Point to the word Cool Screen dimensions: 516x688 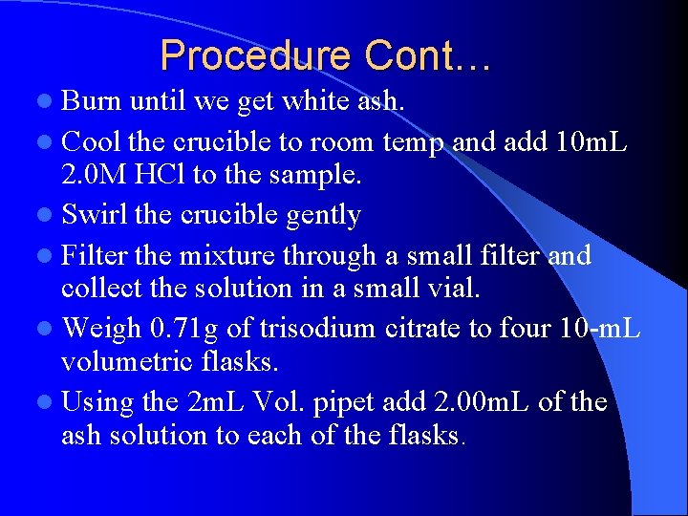point(92,142)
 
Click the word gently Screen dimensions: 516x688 point(317,215)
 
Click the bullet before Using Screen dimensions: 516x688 point(48,402)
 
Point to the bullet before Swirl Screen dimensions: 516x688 point(48,216)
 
